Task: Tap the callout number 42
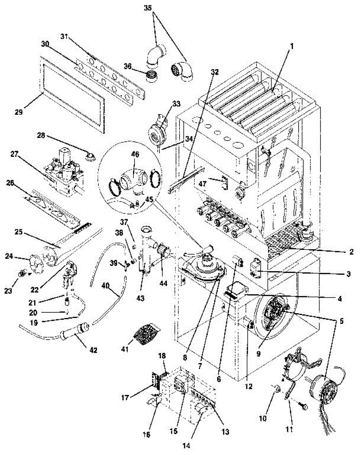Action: coord(93,350)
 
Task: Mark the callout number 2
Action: coord(352,251)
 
